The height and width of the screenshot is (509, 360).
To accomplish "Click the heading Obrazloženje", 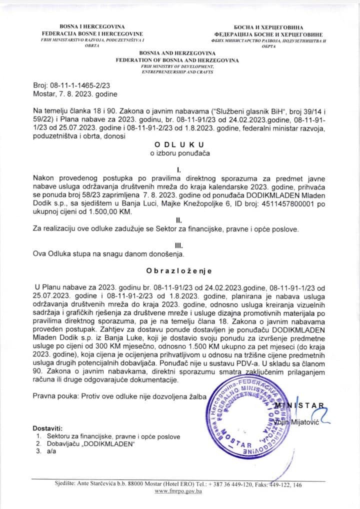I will tap(178, 271).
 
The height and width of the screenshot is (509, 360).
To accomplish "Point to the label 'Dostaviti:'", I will tap(47, 428).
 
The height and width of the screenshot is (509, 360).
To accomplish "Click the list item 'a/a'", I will tap(50, 451).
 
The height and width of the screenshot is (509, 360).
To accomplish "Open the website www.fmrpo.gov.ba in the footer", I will tap(178, 492).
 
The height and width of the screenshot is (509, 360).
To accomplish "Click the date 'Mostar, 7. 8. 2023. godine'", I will tap(74, 94).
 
